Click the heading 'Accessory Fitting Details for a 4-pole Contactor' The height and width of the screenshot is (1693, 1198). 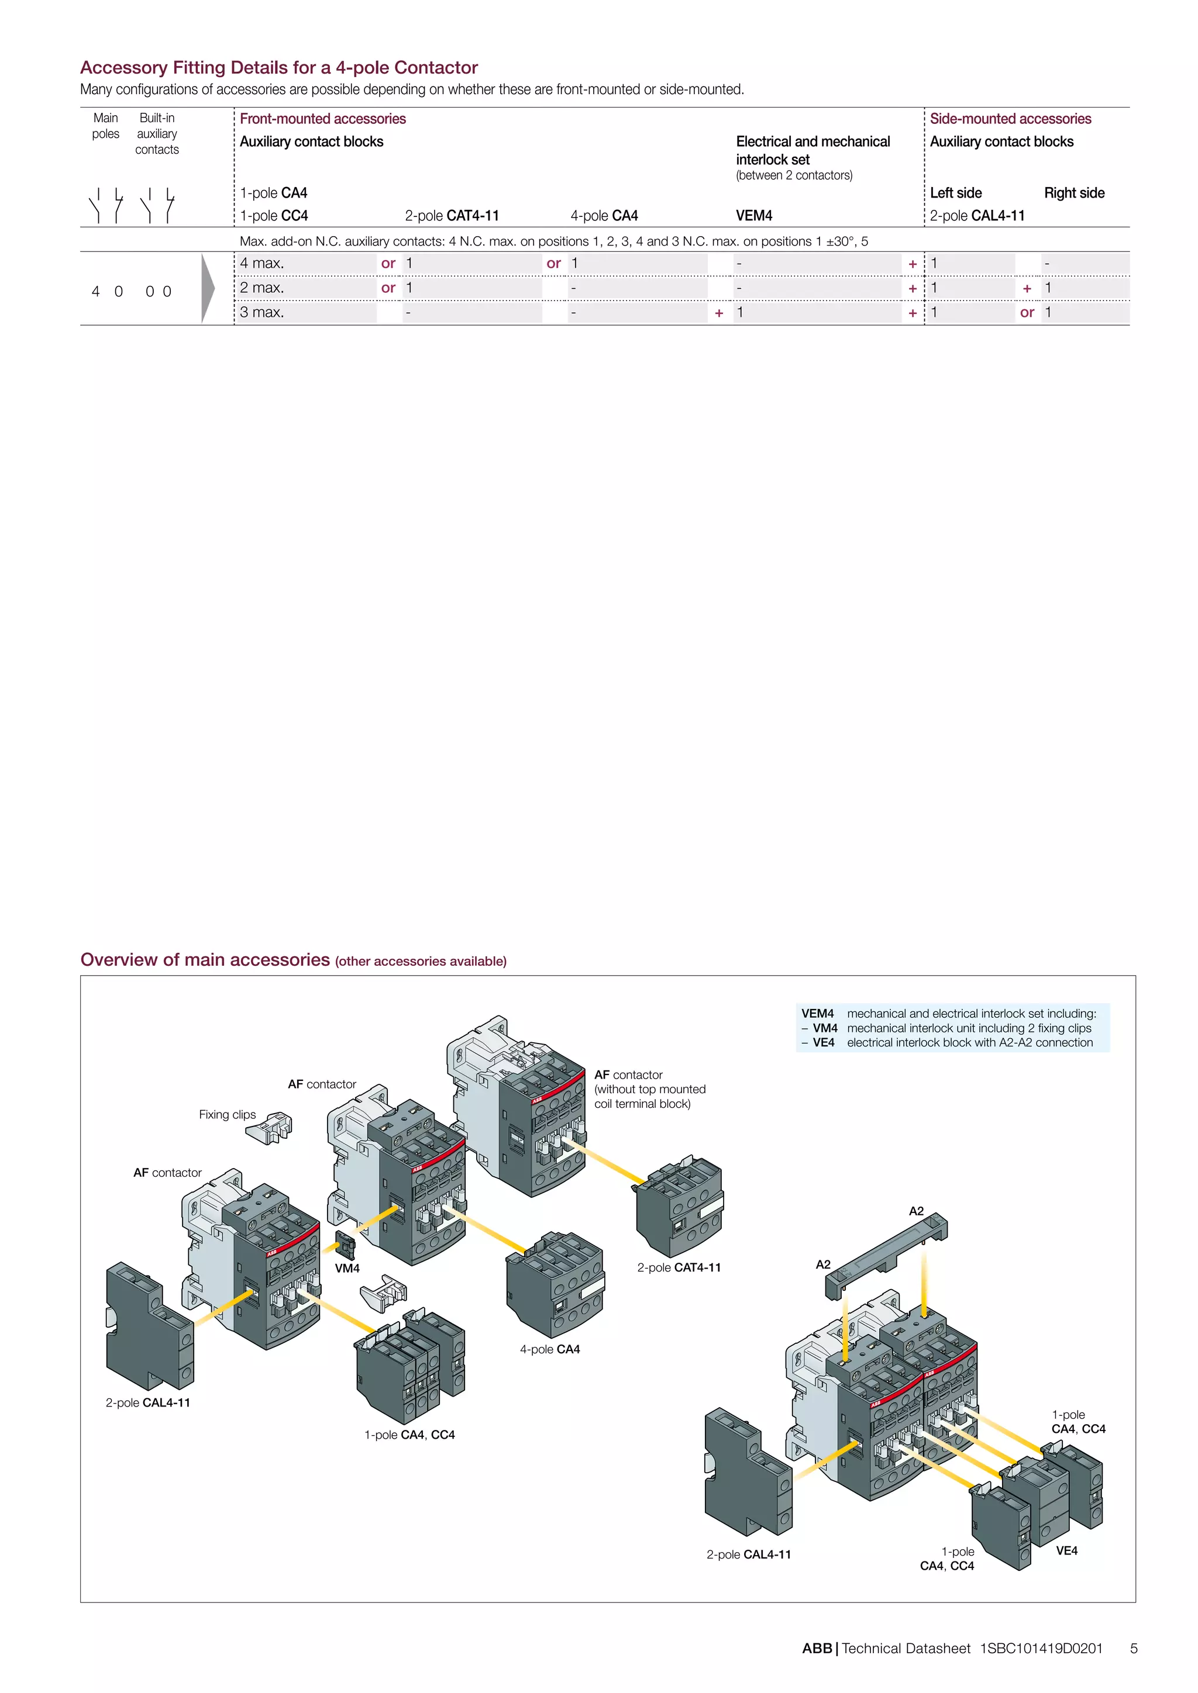(279, 68)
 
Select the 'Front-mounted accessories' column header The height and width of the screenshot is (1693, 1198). (322, 119)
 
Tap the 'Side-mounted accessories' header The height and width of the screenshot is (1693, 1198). (1010, 119)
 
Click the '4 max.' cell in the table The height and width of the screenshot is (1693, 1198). (262, 263)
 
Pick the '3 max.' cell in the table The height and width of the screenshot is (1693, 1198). (262, 313)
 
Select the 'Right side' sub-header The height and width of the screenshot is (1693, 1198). (1073, 193)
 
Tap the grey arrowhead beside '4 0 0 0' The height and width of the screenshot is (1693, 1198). (208, 288)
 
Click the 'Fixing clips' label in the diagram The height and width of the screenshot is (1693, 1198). (227, 1115)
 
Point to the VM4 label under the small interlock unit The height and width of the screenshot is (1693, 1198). (347, 1268)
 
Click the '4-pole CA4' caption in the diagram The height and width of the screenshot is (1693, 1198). (550, 1349)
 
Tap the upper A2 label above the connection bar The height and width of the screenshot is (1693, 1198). (915, 1211)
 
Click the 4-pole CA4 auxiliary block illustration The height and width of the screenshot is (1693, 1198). (555, 1283)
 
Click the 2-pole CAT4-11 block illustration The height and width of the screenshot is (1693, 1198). (679, 1205)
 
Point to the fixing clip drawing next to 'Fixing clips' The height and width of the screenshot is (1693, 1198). (270, 1128)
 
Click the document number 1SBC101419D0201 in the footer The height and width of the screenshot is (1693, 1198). (1041, 1649)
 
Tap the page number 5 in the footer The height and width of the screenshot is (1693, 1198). (1134, 1649)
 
